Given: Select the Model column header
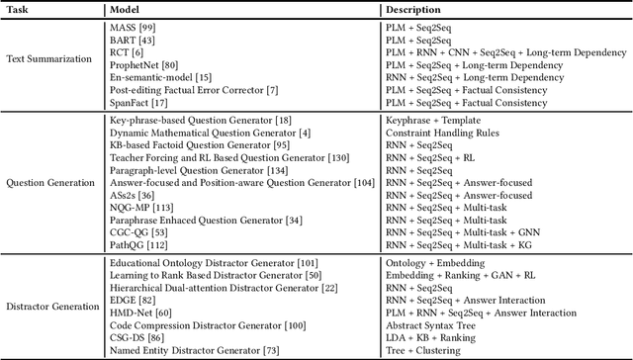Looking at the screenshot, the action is coord(124,9).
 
